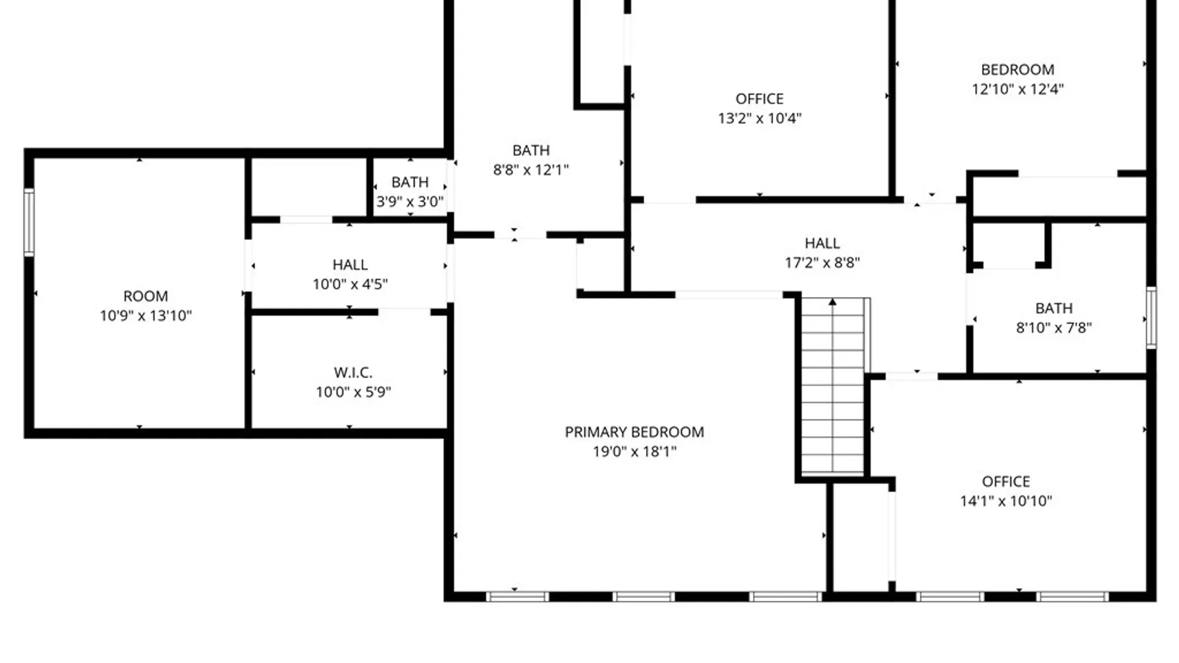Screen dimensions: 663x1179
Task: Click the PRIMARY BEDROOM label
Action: (634, 432)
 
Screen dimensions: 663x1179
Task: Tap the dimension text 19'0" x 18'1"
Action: (634, 452)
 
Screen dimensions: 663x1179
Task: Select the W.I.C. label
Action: (353, 373)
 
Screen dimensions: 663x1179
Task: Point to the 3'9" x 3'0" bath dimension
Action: (410, 202)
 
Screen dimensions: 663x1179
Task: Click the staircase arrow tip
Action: (833, 301)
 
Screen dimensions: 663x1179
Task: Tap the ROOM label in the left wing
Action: (146, 297)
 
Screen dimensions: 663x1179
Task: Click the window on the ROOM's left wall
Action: (28, 222)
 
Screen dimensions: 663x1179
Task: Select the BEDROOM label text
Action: (1018, 70)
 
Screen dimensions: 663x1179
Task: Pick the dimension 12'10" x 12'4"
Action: (1018, 89)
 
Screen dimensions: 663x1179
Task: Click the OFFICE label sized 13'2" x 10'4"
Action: (760, 99)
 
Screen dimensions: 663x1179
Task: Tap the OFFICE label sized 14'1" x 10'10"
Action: (1006, 482)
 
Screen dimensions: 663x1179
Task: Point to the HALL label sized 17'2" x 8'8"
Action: (822, 244)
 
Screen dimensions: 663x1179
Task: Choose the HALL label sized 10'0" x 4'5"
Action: (350, 265)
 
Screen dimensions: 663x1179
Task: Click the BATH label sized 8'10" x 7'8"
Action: (1054, 308)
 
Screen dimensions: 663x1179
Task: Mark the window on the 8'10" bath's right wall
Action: (1151, 318)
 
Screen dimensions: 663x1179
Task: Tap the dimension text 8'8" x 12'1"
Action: (531, 170)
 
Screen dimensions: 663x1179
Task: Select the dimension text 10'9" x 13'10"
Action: (146, 316)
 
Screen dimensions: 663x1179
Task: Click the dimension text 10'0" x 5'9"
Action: (353, 392)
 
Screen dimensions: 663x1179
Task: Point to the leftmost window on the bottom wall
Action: (517, 596)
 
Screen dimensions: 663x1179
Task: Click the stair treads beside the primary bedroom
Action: (833, 393)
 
